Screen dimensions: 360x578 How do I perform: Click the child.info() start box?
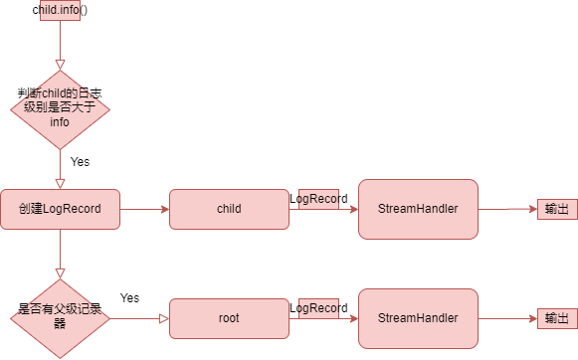pyautogui.click(x=60, y=11)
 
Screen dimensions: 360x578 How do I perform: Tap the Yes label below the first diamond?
pyautogui.click(x=81, y=161)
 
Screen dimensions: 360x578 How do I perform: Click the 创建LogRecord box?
pyautogui.click(x=60, y=209)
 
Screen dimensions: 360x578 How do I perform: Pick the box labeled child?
pyautogui.click(x=229, y=209)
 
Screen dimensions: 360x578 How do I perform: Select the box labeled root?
pyautogui.click(x=229, y=318)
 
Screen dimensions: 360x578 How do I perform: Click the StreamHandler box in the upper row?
pyautogui.click(x=418, y=209)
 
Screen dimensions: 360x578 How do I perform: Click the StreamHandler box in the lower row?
pyautogui.click(x=418, y=318)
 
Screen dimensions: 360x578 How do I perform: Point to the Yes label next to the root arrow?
pyautogui.click(x=129, y=297)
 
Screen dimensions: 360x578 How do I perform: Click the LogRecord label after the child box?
pyautogui.click(x=318, y=199)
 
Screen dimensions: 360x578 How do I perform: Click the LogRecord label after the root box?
pyautogui.click(x=318, y=309)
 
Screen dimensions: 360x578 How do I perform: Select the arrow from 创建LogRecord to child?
pyautogui.click(x=144, y=210)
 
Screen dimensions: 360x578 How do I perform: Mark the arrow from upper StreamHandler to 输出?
pyautogui.click(x=507, y=210)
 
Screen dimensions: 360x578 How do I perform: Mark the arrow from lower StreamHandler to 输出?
pyautogui.click(x=507, y=319)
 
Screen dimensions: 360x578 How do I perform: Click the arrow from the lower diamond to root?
pyautogui.click(x=139, y=318)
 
